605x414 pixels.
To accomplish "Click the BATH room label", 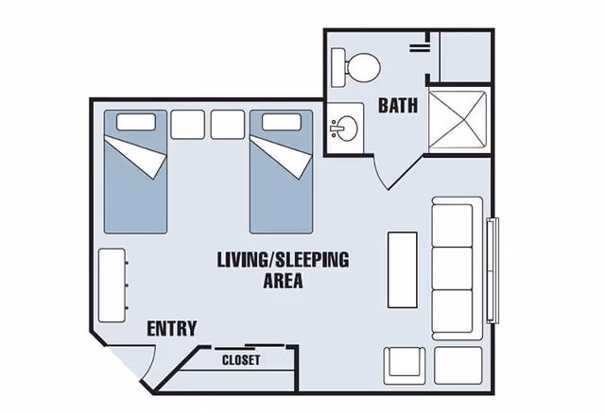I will click(398, 106).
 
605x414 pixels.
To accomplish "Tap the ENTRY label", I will click(172, 329).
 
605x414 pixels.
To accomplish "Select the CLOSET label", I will click(241, 360).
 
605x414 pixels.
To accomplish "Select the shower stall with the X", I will click(458, 119).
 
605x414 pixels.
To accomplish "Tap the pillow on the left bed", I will click(135, 123).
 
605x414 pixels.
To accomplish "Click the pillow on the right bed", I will click(281, 123).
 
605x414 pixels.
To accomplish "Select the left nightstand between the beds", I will click(187, 124).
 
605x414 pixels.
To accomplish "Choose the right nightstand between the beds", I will click(228, 124).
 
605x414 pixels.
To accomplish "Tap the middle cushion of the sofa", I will click(452, 268).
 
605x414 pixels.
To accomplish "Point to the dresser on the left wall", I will click(112, 284).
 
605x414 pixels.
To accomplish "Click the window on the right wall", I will click(491, 269).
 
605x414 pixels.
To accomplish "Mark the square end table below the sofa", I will click(458, 365).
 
